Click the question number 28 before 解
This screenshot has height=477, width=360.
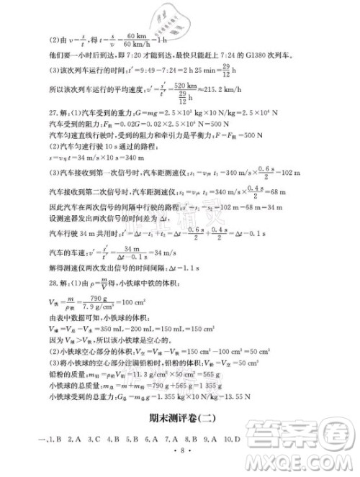[x=55, y=304]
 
